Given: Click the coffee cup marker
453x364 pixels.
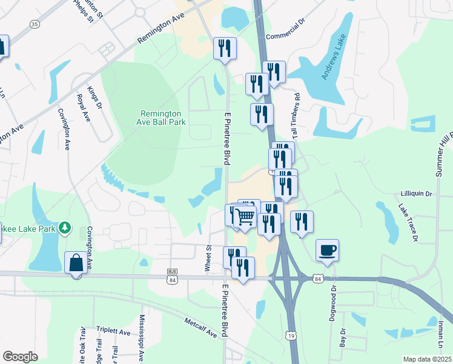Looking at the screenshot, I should (327, 250).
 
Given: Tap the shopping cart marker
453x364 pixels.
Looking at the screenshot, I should (245, 216).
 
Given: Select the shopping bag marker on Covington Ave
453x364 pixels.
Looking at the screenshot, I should (76, 263).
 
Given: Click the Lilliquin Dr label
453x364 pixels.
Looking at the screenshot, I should (416, 194).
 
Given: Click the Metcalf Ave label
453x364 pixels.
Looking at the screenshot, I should (201, 330).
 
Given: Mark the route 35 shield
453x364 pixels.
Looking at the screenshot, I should (34, 24).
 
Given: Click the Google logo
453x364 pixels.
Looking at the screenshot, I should (20, 357).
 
